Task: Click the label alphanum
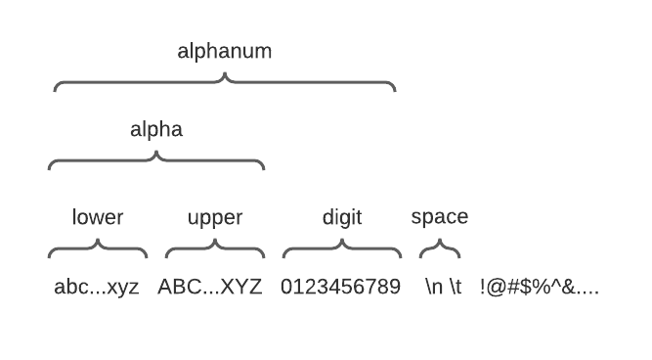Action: click(x=225, y=52)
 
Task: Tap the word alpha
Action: click(x=156, y=129)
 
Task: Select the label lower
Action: click(x=98, y=217)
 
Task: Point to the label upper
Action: click(x=215, y=217)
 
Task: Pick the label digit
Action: click(x=342, y=217)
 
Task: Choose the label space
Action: click(x=440, y=217)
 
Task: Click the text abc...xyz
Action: click(x=97, y=288)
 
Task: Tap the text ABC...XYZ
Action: click(x=210, y=288)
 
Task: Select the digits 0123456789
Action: click(x=341, y=288)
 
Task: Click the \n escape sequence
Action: click(x=433, y=288)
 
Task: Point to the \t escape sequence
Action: click(x=456, y=288)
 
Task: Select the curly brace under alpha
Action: click(x=98, y=161)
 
